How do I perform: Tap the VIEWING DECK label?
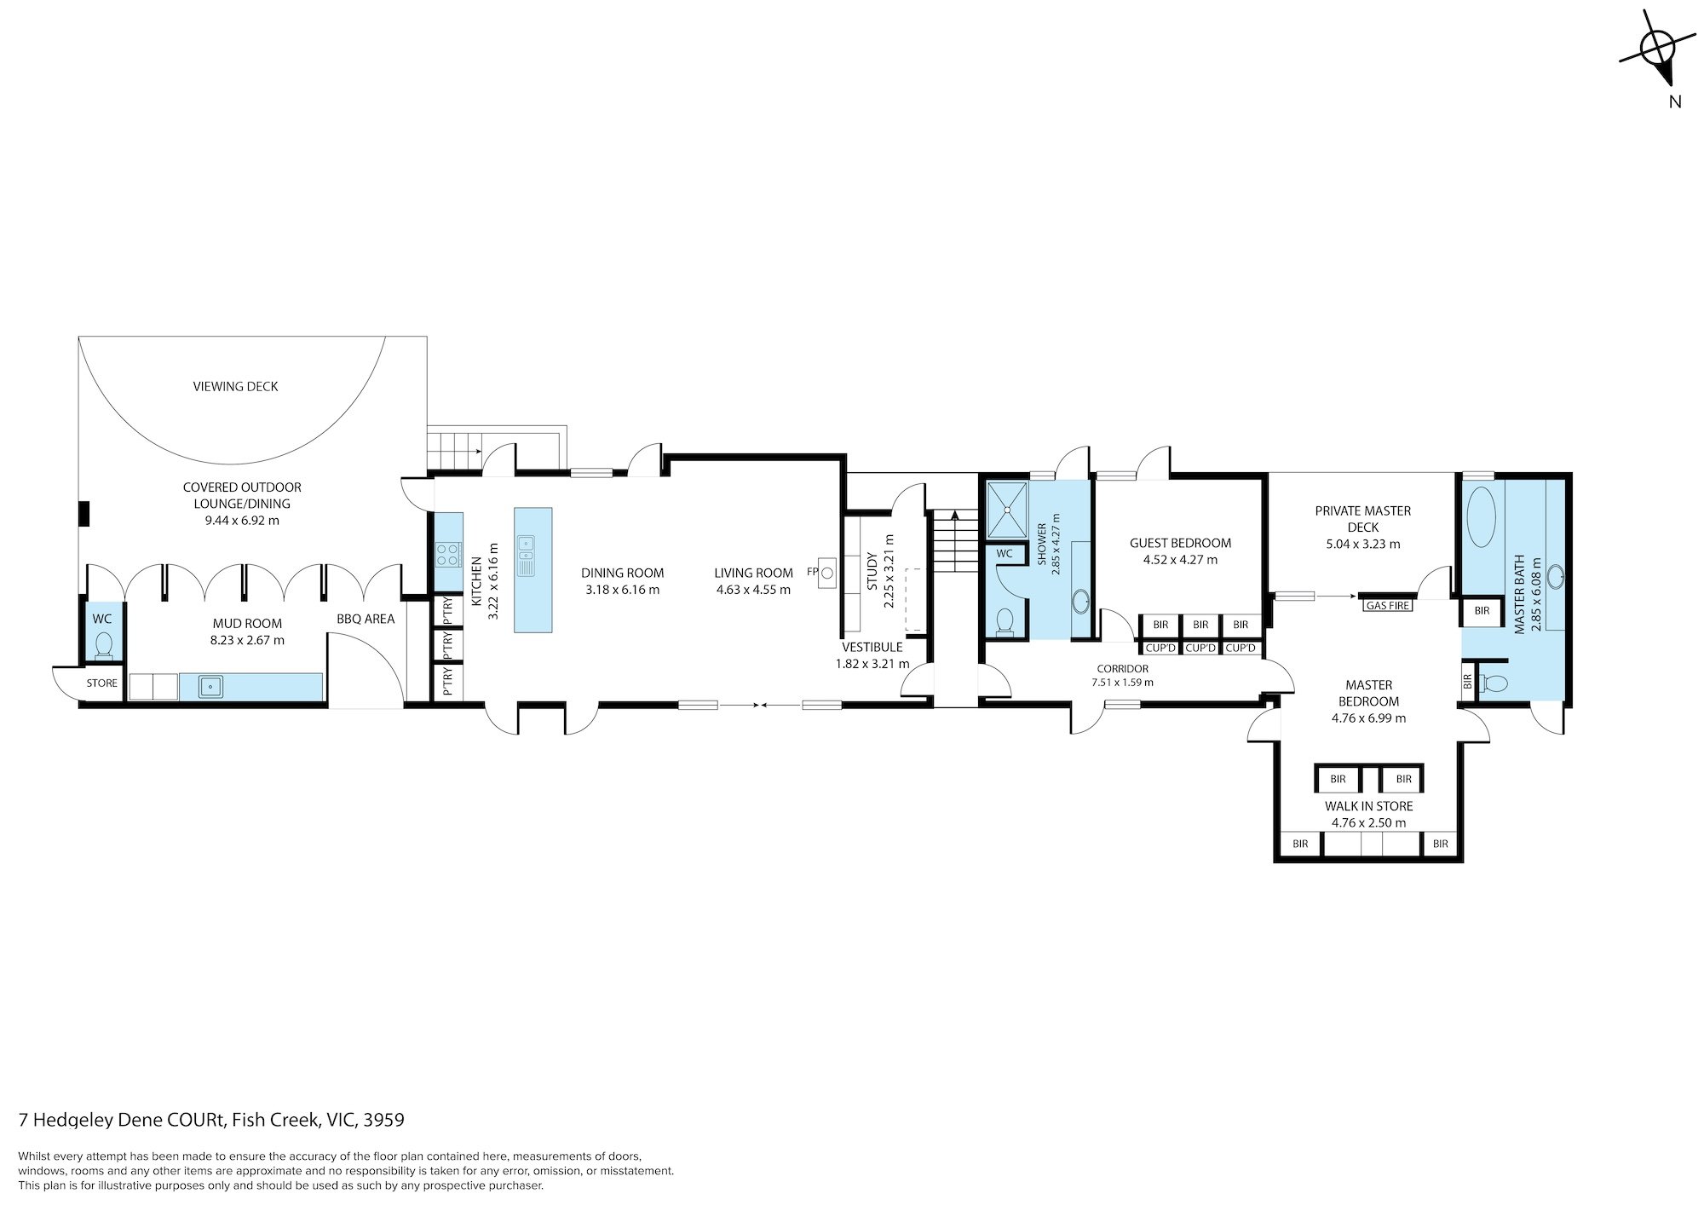(235, 386)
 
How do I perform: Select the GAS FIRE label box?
(1387, 606)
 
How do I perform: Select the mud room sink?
(210, 685)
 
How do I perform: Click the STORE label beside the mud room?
(101, 683)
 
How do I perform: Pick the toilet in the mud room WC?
(104, 645)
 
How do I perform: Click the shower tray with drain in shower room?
(1007, 510)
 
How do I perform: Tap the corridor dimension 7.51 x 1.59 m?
(1122, 682)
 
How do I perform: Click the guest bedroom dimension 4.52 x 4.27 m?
(1180, 560)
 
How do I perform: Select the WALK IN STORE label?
(1368, 805)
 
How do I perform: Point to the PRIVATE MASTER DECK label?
(1362, 518)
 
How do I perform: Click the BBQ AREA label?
(366, 619)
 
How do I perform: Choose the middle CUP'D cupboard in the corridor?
(1200, 648)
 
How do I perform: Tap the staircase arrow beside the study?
(954, 515)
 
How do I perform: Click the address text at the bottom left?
(211, 1120)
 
